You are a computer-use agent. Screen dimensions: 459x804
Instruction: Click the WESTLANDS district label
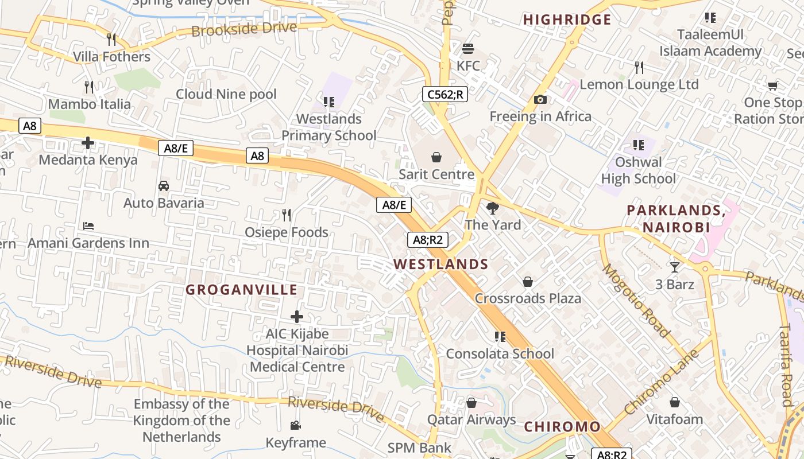click(x=440, y=264)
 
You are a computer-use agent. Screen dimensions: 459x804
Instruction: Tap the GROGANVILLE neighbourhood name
click(x=241, y=290)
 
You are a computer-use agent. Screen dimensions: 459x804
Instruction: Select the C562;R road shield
click(x=444, y=94)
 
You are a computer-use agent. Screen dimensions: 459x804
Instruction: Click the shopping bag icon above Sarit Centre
click(x=436, y=157)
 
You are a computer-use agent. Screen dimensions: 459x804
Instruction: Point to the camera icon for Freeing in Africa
click(x=540, y=100)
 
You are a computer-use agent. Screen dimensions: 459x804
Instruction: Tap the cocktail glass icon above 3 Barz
click(x=674, y=267)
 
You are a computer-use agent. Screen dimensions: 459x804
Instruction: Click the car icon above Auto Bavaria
click(x=164, y=186)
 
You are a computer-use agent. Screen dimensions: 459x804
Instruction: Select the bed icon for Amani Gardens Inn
click(x=88, y=226)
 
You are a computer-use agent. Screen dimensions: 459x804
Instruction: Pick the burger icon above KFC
click(x=468, y=49)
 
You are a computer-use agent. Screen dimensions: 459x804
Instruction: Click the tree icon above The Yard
click(x=492, y=208)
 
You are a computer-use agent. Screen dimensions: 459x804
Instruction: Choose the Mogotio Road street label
click(x=636, y=300)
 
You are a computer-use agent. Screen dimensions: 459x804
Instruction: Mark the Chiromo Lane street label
click(x=661, y=382)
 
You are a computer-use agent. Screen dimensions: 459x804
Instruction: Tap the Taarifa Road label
click(x=787, y=365)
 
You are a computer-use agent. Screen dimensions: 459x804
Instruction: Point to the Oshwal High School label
click(x=638, y=170)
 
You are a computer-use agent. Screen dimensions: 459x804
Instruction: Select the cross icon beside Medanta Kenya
click(x=88, y=142)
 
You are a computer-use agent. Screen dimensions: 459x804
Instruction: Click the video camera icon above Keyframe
click(x=295, y=425)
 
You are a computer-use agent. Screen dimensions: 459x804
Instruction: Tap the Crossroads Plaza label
click(x=528, y=298)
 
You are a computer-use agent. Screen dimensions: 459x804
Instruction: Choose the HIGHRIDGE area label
click(x=567, y=20)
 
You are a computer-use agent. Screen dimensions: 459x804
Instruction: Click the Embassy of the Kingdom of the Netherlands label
click(x=181, y=421)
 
